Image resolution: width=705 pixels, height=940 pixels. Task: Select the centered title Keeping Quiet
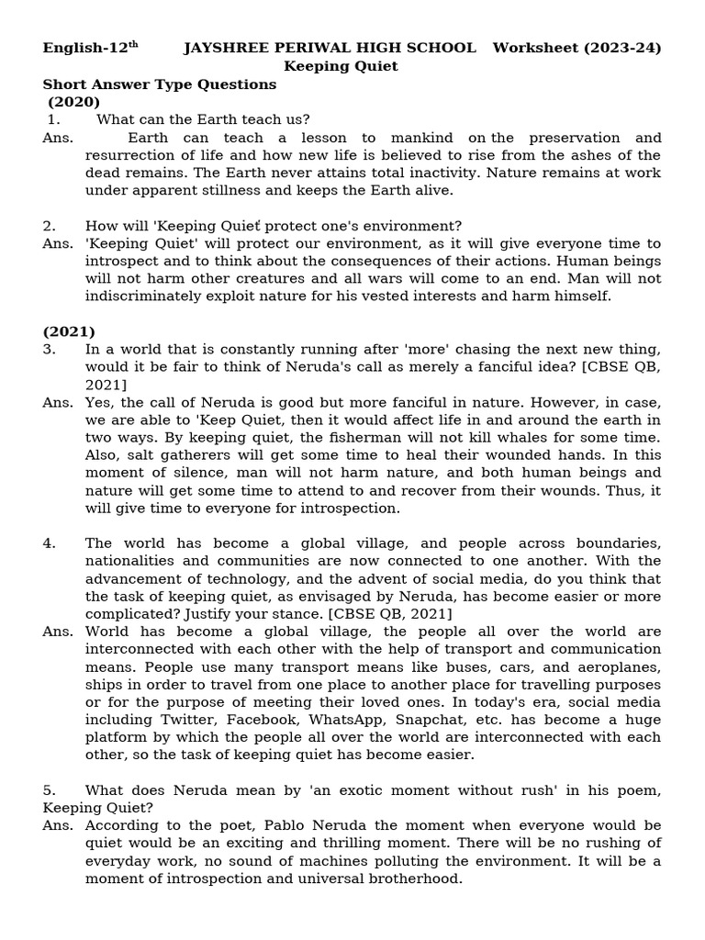click(x=341, y=66)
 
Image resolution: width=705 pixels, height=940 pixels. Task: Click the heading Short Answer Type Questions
click(x=159, y=84)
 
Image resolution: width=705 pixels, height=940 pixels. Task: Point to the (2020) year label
click(x=74, y=102)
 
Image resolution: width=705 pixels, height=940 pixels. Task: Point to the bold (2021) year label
click(x=69, y=331)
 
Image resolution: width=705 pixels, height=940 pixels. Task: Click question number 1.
click(x=53, y=119)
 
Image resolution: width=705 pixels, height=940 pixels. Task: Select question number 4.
click(x=50, y=543)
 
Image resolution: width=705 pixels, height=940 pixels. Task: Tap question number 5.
click(x=50, y=789)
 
